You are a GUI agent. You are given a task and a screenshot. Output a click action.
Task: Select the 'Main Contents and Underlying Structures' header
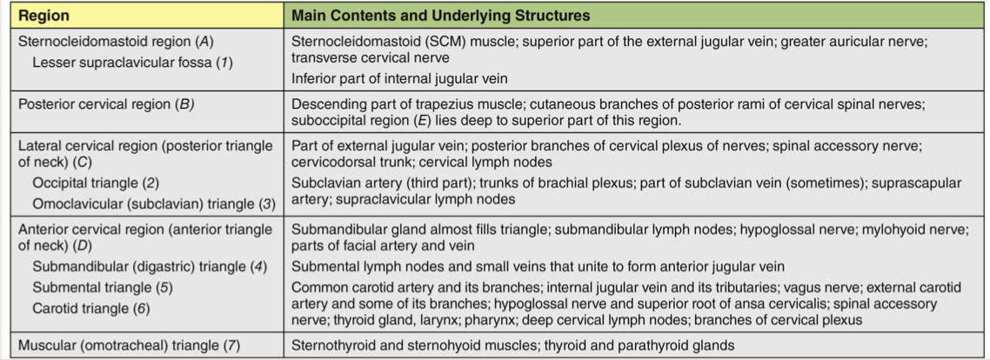(440, 15)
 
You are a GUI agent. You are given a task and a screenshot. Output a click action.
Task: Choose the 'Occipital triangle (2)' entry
(96, 183)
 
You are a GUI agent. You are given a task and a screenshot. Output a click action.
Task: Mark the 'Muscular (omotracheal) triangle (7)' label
(129, 345)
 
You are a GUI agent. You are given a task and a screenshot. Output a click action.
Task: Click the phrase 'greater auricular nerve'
(861, 40)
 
